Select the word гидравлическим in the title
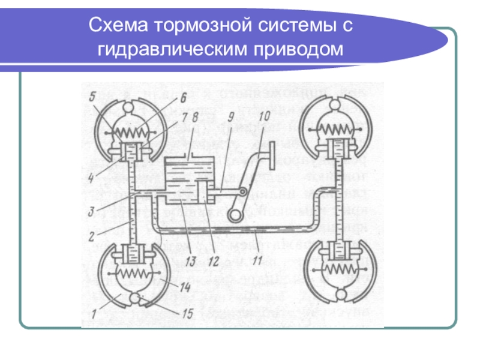click(x=177, y=49)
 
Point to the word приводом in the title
click(x=305, y=49)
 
